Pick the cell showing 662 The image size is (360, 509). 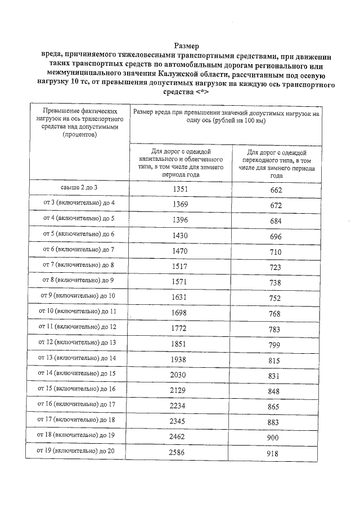click(276, 190)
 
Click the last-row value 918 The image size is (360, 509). click(276, 453)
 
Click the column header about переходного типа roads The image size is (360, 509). click(276, 164)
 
